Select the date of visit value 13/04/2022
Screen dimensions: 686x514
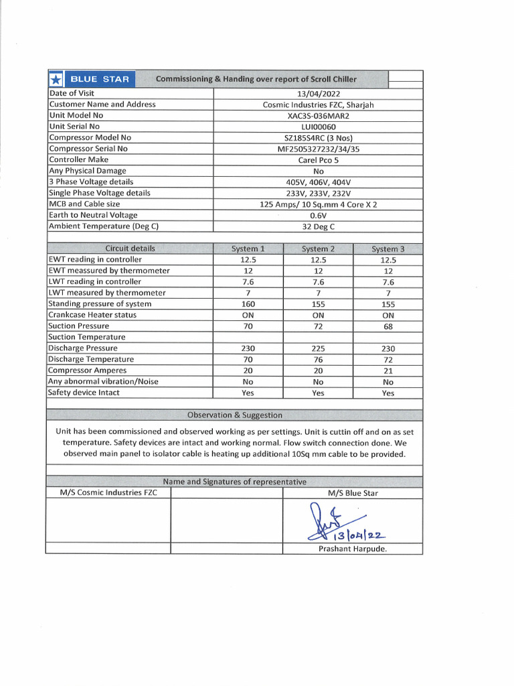pos(318,94)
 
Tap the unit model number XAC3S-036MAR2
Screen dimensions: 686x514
pos(318,115)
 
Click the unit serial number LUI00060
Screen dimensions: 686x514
pos(318,127)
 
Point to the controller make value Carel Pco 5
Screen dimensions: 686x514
pos(318,160)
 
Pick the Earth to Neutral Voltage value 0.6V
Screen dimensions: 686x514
pos(318,216)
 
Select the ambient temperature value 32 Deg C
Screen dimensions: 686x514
pos(318,227)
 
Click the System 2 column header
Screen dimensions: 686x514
pos(318,249)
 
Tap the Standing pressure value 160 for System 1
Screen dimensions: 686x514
pos(248,304)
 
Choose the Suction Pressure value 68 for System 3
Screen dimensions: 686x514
pos(388,327)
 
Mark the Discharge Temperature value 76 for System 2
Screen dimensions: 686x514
pos(318,360)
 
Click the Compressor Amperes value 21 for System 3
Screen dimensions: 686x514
pos(388,371)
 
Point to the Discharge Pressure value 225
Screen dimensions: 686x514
pos(318,349)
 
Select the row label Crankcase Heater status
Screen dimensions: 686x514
pos(92,315)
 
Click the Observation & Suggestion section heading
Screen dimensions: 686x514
pos(234,415)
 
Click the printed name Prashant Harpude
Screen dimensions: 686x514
pos(352,549)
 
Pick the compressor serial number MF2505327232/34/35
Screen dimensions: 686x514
pos(318,149)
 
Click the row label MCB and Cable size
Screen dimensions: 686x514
pos(84,204)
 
